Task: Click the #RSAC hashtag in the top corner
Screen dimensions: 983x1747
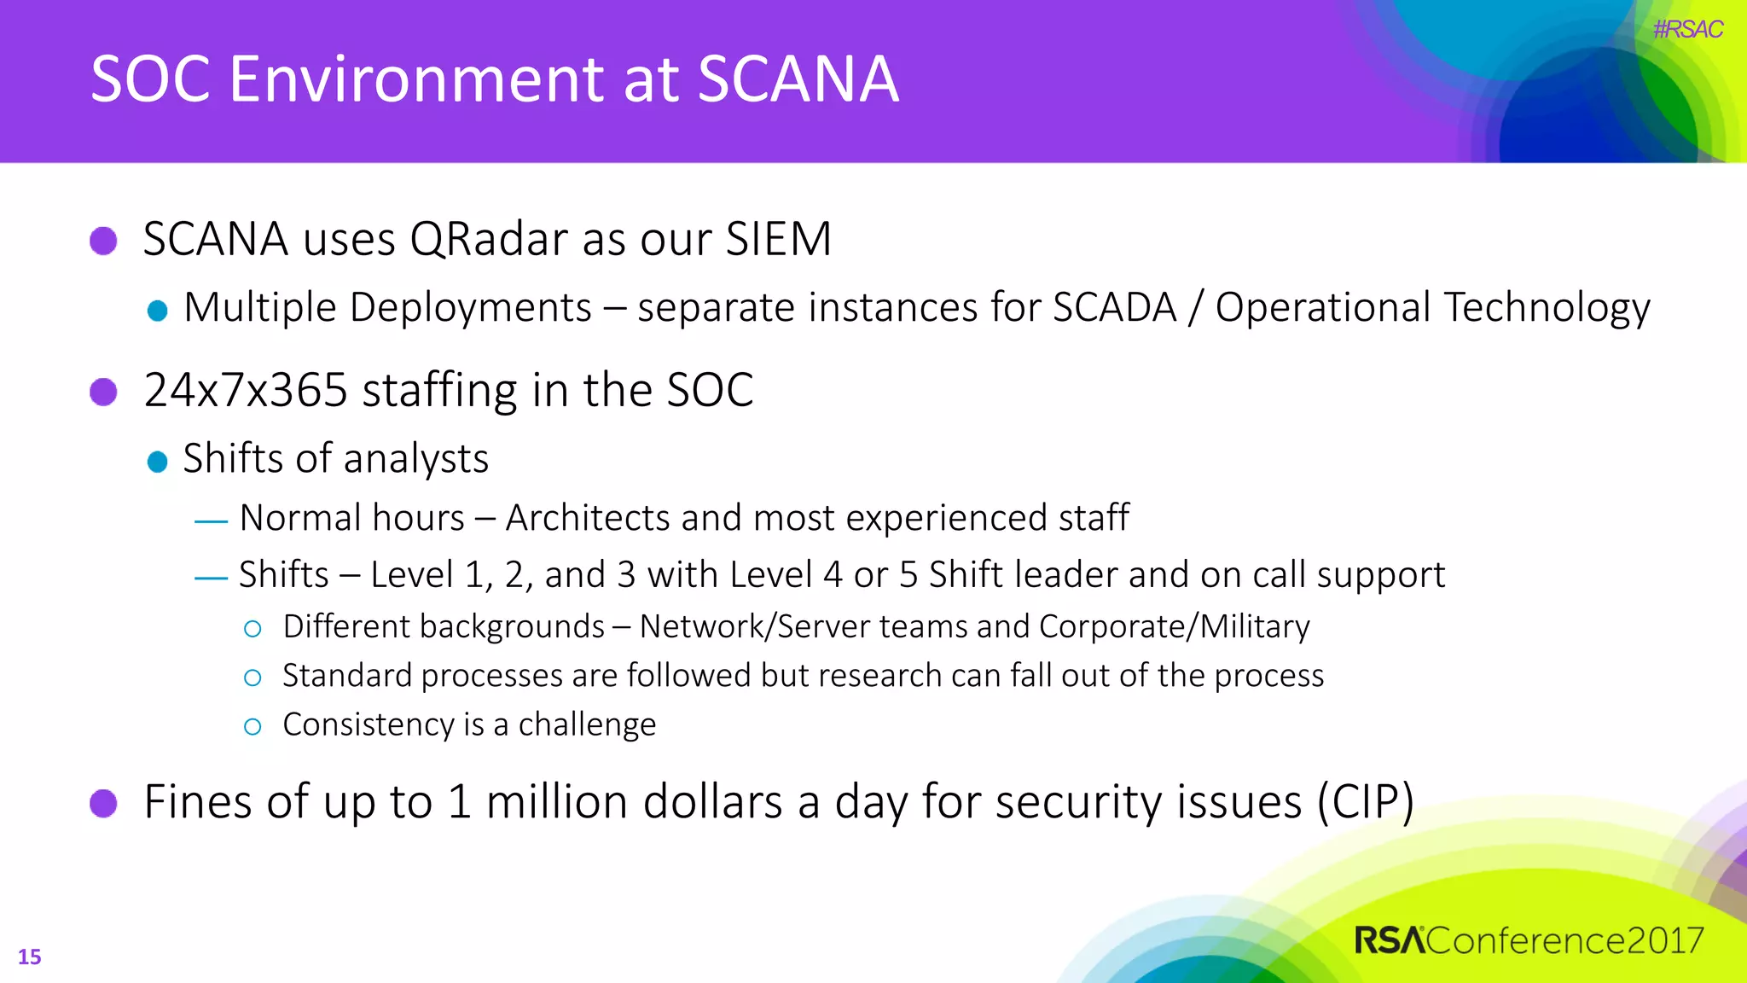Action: coord(1687,30)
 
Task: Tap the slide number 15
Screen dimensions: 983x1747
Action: coord(29,957)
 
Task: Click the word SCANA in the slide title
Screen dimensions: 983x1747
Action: coord(798,79)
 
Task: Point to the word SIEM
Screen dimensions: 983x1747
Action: coord(778,239)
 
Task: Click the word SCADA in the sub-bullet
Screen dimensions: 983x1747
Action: coord(1114,307)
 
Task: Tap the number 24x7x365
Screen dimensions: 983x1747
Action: coord(246,391)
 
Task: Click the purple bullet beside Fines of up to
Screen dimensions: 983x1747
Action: coord(103,803)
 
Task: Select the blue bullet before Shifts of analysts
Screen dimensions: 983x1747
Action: coord(157,462)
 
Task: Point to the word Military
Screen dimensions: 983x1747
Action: coord(1255,626)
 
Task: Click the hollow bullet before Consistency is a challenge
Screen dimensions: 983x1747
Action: coord(252,726)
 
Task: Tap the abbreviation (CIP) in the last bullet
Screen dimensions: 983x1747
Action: coord(1365,802)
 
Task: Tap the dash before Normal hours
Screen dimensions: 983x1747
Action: coord(211,521)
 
